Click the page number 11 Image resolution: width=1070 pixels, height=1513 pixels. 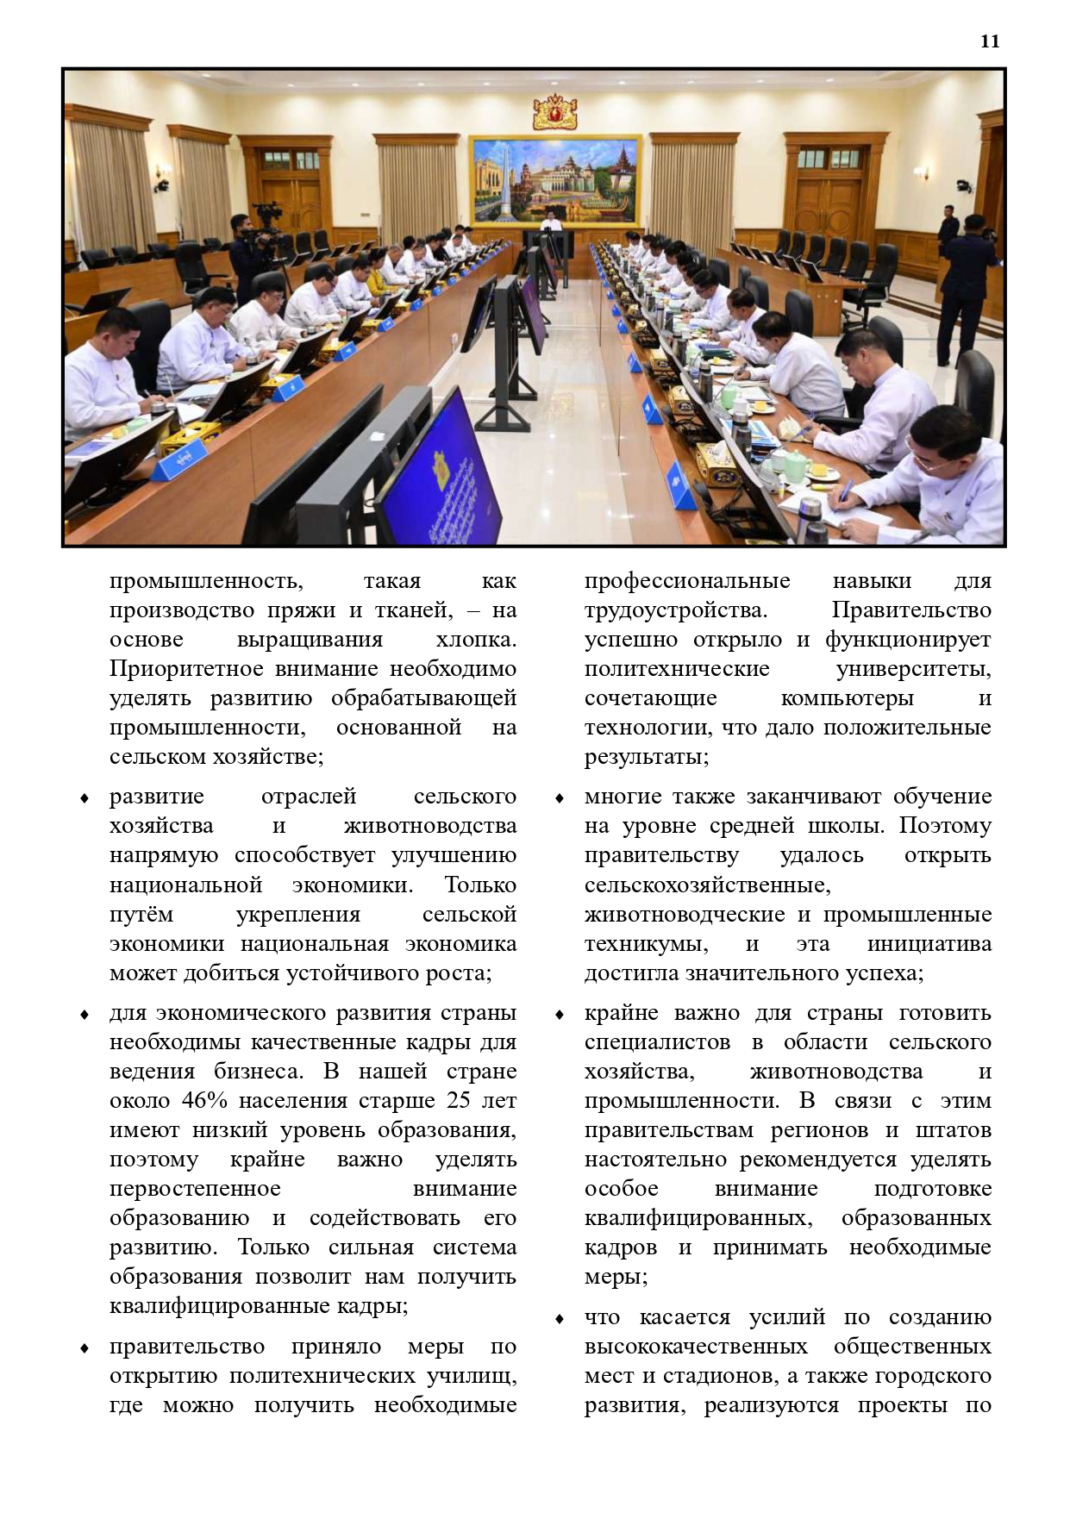(990, 41)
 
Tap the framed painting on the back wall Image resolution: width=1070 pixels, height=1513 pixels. (555, 179)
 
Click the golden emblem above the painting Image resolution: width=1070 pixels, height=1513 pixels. (554, 112)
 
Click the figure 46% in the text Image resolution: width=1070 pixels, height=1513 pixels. (206, 1101)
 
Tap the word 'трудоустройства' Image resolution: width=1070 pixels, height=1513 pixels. (675, 610)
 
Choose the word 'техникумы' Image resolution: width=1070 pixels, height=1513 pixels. (647, 944)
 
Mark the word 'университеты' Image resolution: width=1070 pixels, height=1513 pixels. (913, 669)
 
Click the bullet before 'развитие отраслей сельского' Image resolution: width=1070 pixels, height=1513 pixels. (84, 798)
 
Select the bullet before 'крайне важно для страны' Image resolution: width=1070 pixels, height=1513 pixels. (560, 1015)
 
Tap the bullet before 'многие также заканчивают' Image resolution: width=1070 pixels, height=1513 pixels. (560, 798)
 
